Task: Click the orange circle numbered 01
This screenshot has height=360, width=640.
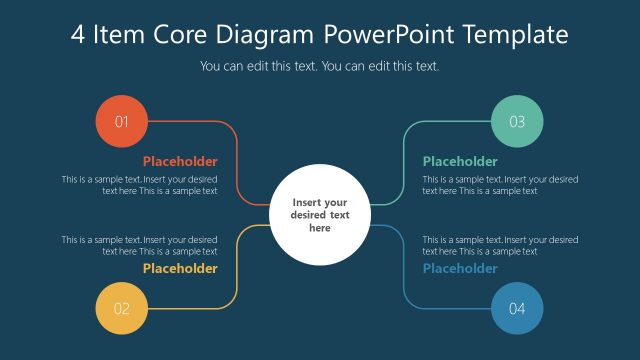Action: click(x=122, y=123)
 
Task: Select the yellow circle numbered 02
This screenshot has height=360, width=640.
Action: click(x=122, y=308)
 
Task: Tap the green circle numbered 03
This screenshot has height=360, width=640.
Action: click(x=517, y=123)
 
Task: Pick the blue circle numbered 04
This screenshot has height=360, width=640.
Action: click(x=517, y=308)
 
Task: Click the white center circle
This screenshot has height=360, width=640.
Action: click(x=320, y=214)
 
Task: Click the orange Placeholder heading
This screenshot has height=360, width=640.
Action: click(x=180, y=161)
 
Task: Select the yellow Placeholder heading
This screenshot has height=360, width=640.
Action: click(x=180, y=268)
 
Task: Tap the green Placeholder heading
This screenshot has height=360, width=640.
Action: click(x=460, y=161)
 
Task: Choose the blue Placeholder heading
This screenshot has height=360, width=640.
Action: click(x=460, y=268)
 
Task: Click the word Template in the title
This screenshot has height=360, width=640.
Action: click(x=515, y=35)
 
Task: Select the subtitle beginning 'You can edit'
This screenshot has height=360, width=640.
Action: click(x=320, y=67)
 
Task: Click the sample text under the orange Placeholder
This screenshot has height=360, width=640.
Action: click(x=140, y=185)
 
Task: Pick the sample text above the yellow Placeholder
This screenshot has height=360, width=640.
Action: click(x=140, y=245)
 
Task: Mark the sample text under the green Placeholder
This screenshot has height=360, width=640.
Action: click(x=500, y=185)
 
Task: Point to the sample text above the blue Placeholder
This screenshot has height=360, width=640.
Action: click(x=500, y=245)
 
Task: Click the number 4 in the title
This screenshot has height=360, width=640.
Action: click(x=78, y=35)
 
